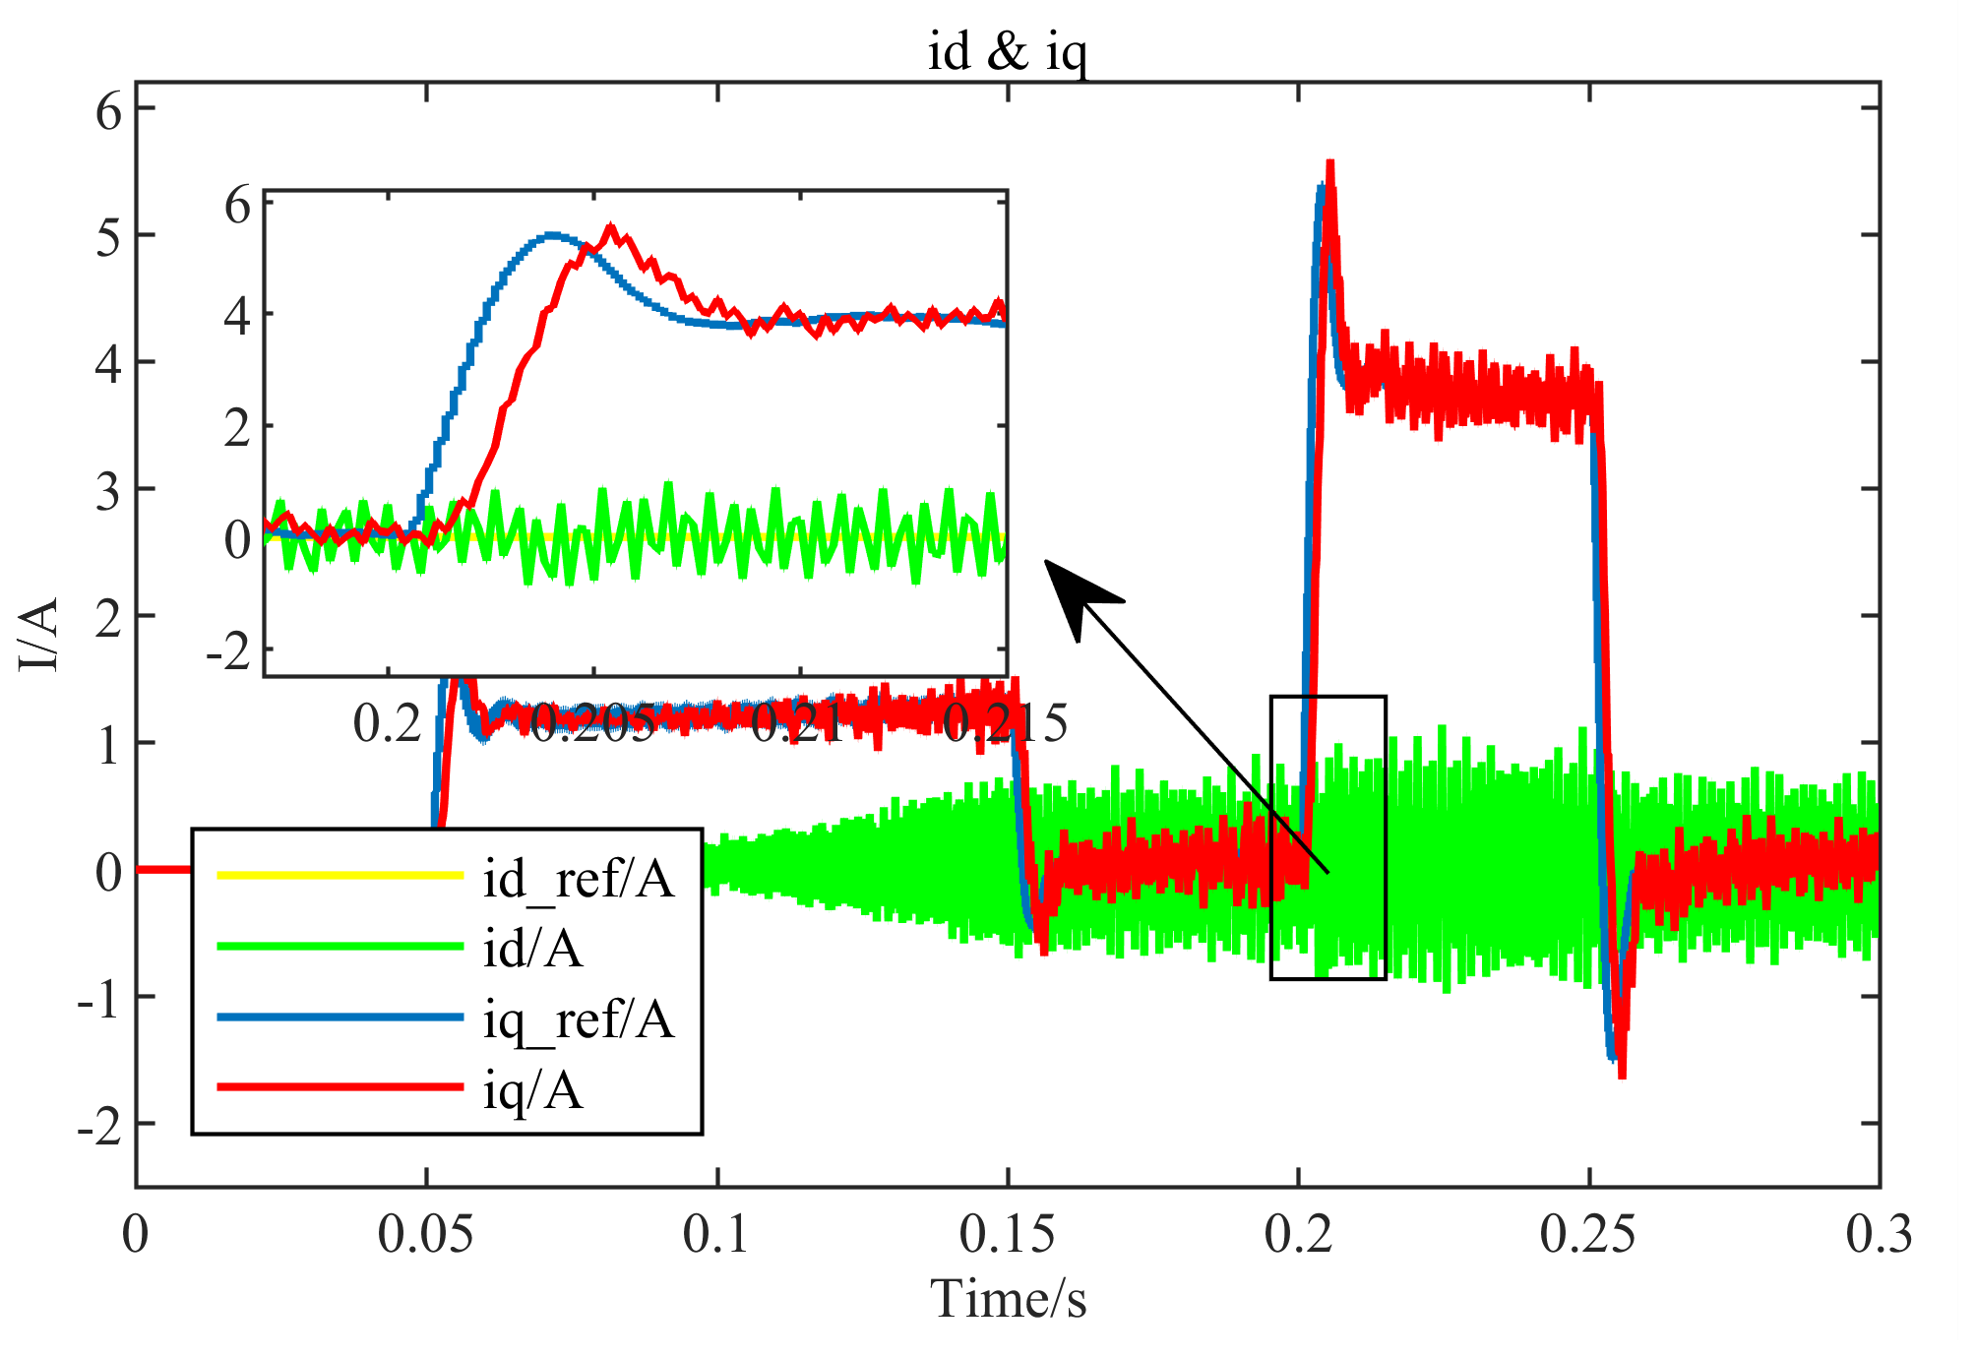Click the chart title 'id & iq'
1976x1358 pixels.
click(x=1007, y=51)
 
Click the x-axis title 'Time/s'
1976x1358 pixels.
click(x=1008, y=1299)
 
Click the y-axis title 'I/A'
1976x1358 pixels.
click(x=39, y=635)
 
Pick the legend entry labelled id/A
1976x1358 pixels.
click(x=532, y=949)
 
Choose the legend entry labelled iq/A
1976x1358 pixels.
click(x=532, y=1089)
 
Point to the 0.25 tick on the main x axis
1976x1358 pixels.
click(x=1587, y=1234)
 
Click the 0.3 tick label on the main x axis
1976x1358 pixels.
click(x=1878, y=1234)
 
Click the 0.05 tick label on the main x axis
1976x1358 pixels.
click(x=425, y=1234)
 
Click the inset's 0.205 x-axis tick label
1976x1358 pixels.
click(x=591, y=724)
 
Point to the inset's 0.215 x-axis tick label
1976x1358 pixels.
click(x=1005, y=724)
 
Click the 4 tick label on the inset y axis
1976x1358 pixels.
click(x=237, y=317)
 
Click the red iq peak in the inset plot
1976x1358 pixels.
click(x=611, y=228)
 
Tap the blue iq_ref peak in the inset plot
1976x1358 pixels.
click(x=552, y=235)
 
